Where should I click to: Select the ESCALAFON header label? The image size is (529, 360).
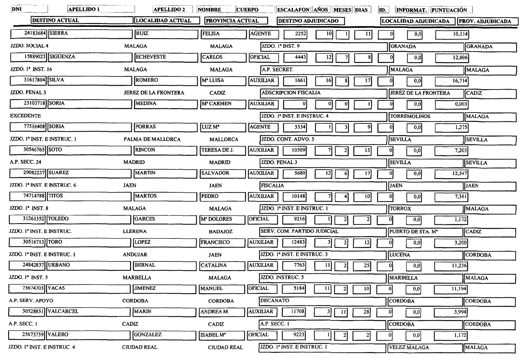(293, 10)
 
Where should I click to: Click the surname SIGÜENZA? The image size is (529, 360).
(62, 57)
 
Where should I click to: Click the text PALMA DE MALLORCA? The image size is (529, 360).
(152, 139)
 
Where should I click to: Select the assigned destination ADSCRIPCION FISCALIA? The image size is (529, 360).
(291, 93)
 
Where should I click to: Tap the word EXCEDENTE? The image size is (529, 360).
(25, 116)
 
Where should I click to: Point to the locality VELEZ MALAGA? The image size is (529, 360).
(409, 348)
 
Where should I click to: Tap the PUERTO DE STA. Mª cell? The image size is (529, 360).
(413, 232)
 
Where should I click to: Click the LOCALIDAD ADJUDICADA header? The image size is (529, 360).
(416, 21)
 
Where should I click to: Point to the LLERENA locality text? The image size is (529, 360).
(135, 231)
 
